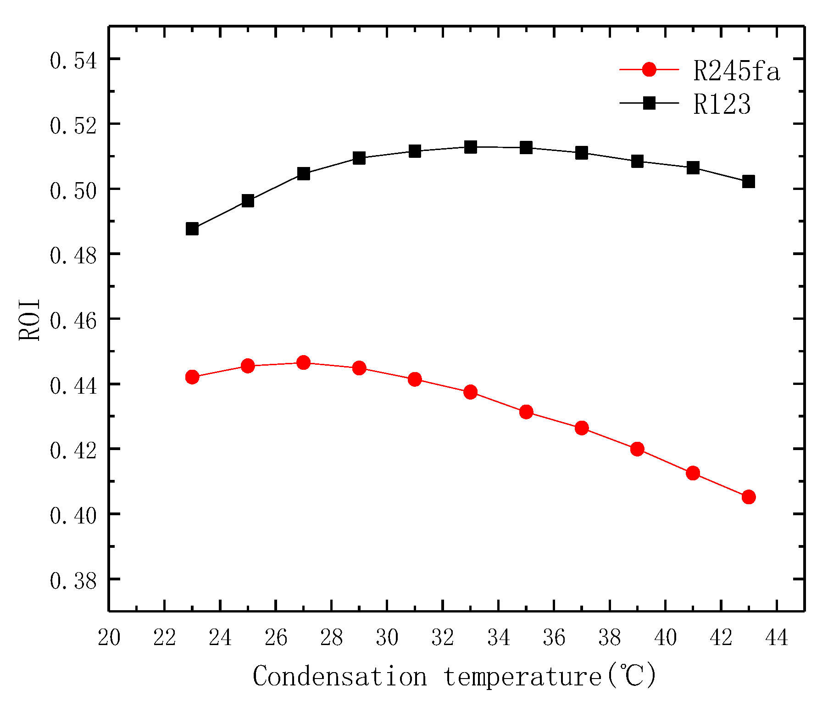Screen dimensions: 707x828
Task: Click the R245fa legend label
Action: click(736, 71)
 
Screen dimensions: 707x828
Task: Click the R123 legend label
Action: click(722, 104)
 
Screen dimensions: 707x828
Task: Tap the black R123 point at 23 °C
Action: click(192, 228)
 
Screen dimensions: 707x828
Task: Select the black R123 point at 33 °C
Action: click(470, 147)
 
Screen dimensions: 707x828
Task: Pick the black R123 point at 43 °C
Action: click(748, 181)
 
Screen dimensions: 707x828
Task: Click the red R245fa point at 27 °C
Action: click(303, 363)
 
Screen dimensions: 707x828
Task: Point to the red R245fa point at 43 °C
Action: click(748, 497)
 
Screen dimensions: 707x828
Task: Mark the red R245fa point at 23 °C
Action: click(192, 377)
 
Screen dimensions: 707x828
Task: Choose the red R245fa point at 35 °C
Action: click(526, 412)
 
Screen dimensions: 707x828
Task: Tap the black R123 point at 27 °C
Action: click(303, 174)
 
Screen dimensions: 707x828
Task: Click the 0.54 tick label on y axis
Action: click(73, 61)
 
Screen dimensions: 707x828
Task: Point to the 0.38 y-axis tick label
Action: click(73, 581)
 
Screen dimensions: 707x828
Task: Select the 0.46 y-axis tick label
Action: click(73, 321)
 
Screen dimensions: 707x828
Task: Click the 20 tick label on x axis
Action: click(109, 638)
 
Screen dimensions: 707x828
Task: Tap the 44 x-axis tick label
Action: click(777, 638)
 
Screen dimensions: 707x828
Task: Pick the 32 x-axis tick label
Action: click(443, 638)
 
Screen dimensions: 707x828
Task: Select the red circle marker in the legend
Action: click(649, 70)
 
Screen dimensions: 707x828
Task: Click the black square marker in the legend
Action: click(649, 103)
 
